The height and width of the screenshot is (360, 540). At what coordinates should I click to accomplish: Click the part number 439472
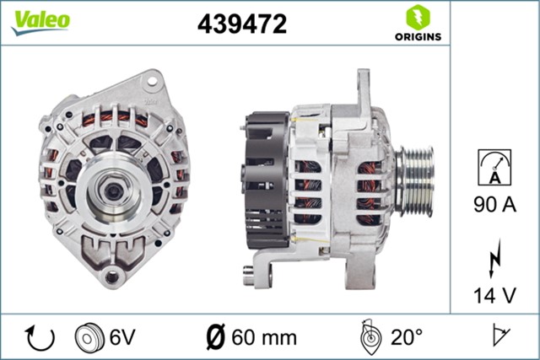242,24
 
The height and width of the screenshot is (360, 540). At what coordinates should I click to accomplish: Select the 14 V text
494,295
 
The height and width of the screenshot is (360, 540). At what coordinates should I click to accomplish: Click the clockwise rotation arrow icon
40,337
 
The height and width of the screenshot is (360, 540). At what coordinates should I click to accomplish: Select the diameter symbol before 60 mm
215,338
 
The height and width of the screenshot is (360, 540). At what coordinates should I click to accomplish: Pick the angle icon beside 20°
370,336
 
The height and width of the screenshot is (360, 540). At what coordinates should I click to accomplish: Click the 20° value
407,337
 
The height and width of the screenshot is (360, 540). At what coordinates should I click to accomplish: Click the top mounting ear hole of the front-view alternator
153,82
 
